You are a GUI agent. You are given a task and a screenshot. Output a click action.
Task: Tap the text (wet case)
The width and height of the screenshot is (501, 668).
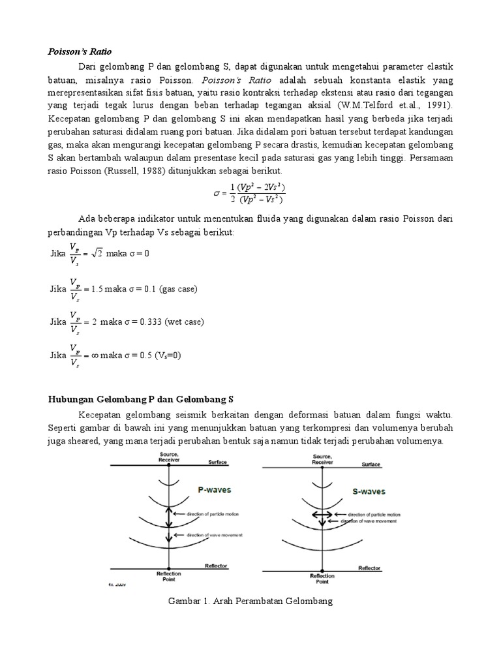click(x=184, y=322)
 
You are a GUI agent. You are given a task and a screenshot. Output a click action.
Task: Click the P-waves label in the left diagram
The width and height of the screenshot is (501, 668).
click(x=214, y=489)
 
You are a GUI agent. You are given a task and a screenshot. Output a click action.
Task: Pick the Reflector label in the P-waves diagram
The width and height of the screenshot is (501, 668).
click(x=215, y=566)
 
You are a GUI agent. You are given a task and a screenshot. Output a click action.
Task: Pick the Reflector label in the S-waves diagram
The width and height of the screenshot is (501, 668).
click(x=369, y=568)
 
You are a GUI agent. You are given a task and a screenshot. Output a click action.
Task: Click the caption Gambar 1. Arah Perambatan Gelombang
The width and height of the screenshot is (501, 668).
click(x=250, y=601)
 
